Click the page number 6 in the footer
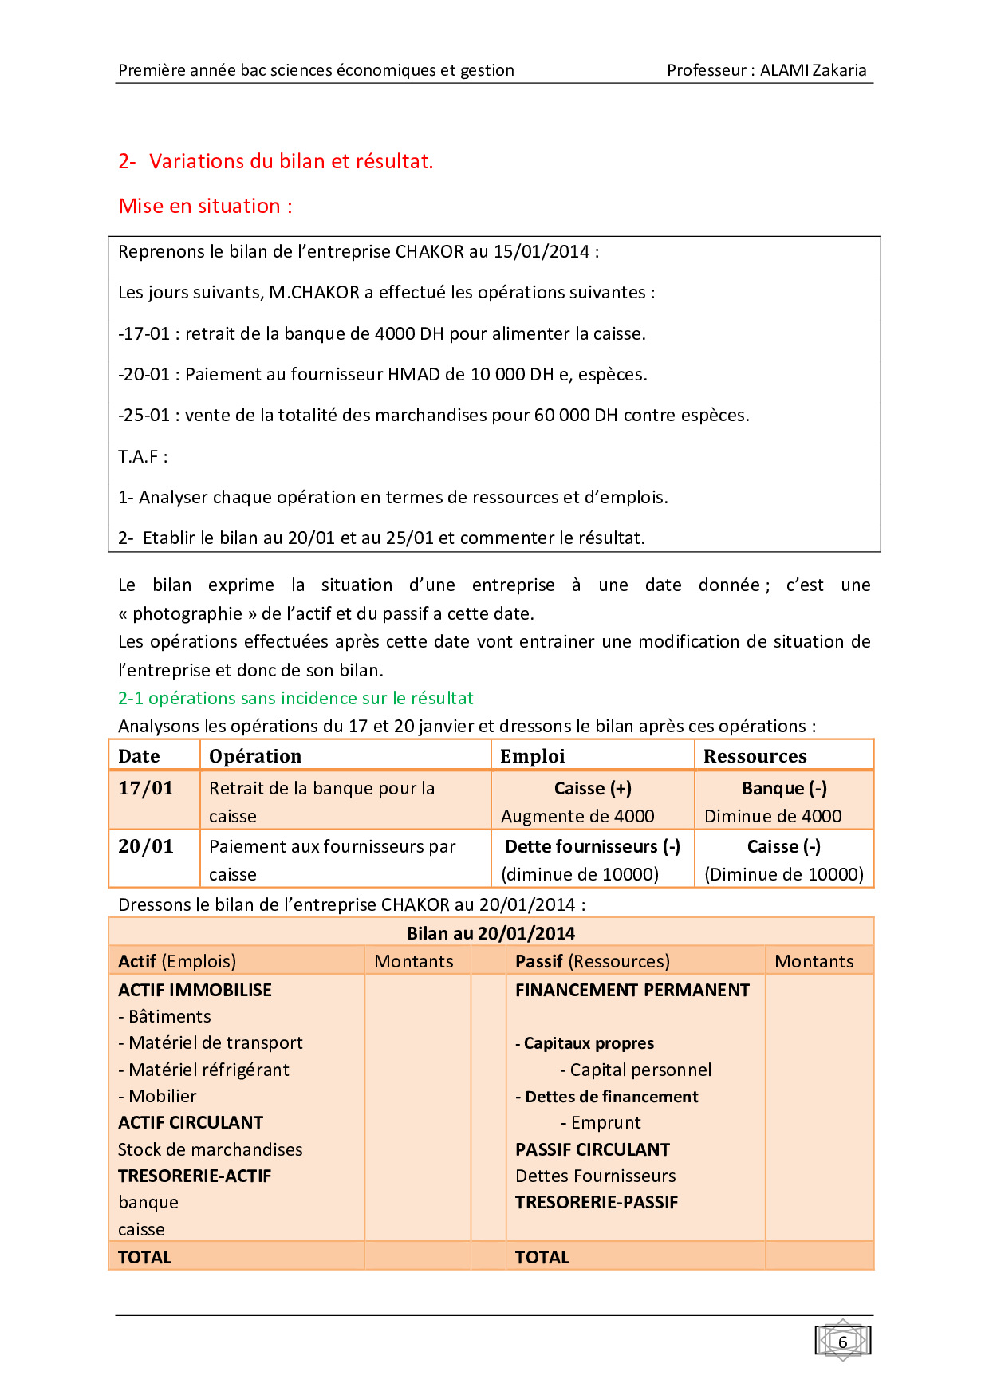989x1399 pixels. (x=842, y=1342)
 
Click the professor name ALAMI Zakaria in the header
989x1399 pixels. (x=813, y=70)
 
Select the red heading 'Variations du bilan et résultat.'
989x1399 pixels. (x=291, y=161)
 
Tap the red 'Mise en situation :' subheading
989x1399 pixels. (x=206, y=206)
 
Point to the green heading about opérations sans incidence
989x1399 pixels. (x=296, y=698)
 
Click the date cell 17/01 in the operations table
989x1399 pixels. (x=146, y=788)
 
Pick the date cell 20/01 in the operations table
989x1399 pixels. (x=146, y=846)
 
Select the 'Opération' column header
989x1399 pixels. (x=255, y=756)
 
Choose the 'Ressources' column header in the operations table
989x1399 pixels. (x=755, y=756)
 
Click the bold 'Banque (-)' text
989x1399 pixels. (x=784, y=788)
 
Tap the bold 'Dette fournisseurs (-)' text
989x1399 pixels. (x=593, y=846)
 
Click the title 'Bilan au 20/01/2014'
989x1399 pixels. (x=491, y=933)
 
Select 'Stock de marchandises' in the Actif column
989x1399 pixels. (x=211, y=1149)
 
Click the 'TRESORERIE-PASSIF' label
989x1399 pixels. (x=597, y=1202)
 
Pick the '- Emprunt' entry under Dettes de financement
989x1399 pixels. (x=601, y=1122)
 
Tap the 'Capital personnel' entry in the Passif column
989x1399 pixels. (x=640, y=1070)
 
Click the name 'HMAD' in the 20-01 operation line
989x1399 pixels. (x=411, y=374)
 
